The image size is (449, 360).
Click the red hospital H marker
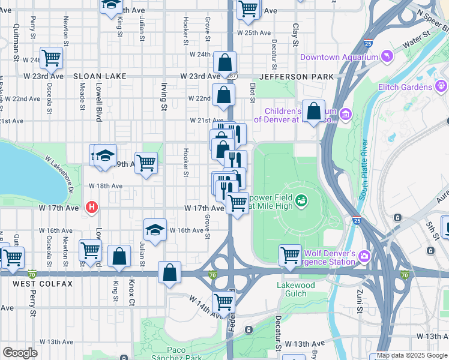pyautogui.click(x=91, y=208)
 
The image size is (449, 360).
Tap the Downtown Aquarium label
pyautogui.click(x=339, y=58)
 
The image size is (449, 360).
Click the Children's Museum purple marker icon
pyautogui.click(x=345, y=114)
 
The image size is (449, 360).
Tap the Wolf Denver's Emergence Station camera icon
pyautogui.click(x=364, y=257)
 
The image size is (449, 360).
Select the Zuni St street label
pyautogui.click(x=360, y=301)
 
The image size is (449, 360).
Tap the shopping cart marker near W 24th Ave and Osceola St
pyautogui.click(x=52, y=58)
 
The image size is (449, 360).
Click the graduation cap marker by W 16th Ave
pyautogui.click(x=155, y=230)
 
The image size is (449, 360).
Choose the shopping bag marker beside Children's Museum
pyautogui.click(x=313, y=111)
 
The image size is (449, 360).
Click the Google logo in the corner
pyautogui.click(x=20, y=353)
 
